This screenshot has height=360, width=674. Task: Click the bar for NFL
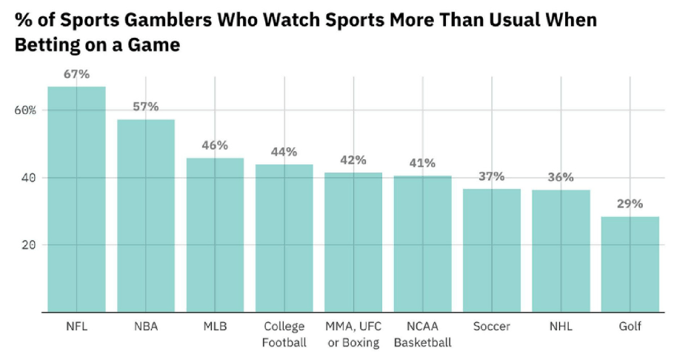[76, 199]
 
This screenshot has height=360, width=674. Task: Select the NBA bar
[146, 216]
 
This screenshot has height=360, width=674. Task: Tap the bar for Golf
[630, 264]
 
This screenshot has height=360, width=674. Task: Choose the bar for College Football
[284, 238]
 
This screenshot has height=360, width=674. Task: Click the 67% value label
[76, 74]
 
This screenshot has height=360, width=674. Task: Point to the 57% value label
[146, 107]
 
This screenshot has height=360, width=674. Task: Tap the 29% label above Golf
[630, 204]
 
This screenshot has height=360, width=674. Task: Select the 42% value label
[353, 159]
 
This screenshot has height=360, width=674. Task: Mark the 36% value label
[561, 177]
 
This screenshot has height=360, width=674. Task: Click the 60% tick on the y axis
[23, 110]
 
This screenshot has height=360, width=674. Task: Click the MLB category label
[215, 327]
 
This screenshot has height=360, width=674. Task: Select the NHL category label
[561, 327]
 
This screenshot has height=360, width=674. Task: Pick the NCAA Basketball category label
[422, 334]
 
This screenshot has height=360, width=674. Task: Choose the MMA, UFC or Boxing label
[353, 334]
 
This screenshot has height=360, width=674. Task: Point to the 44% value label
[284, 152]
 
